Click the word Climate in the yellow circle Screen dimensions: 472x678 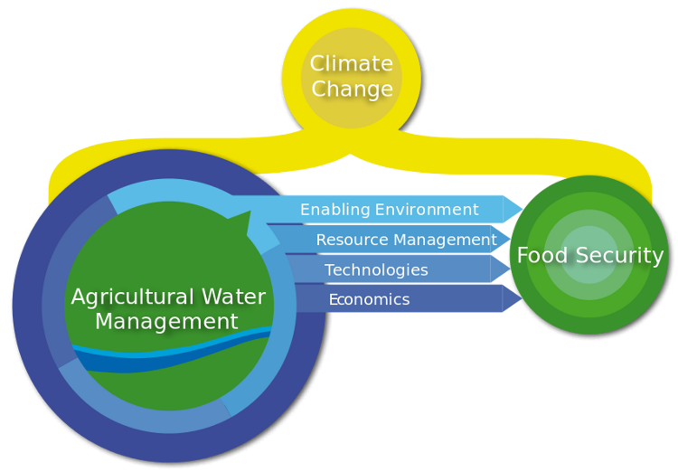351,64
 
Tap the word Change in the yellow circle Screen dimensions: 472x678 352,90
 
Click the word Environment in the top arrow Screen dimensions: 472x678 427,210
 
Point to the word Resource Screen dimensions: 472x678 352,241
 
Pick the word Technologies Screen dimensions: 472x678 376,270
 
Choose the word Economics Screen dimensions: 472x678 369,299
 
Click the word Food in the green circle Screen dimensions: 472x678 541,256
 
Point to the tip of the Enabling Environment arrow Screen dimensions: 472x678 523,209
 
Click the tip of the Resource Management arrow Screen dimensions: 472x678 511,240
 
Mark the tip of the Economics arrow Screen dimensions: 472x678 522,298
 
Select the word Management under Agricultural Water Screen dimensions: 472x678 166,322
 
